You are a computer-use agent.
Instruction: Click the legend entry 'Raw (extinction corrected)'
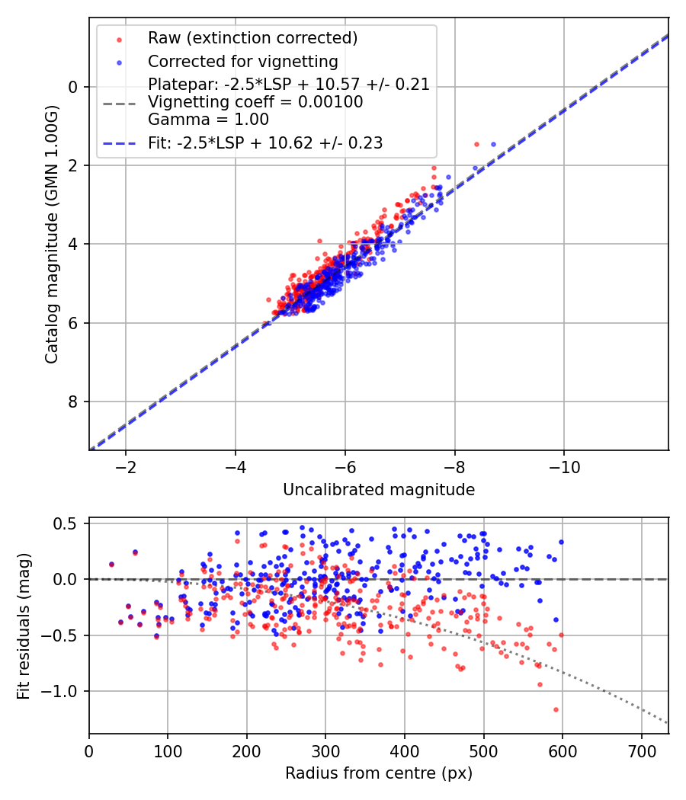242,38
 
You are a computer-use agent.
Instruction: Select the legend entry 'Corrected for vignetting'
242,61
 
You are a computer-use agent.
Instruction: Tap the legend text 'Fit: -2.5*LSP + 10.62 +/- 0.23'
265,142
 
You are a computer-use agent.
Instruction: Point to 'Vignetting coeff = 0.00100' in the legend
255,102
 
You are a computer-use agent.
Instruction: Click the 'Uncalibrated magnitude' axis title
379,490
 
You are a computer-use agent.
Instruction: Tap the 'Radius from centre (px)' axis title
379,773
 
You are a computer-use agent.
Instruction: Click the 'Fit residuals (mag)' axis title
24,626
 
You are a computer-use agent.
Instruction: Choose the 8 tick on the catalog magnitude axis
74,402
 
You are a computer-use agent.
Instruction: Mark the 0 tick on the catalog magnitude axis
74,87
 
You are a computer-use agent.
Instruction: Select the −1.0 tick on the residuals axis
65,691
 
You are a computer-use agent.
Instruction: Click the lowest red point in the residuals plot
556,709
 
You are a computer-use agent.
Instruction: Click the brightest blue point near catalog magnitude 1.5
492,144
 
